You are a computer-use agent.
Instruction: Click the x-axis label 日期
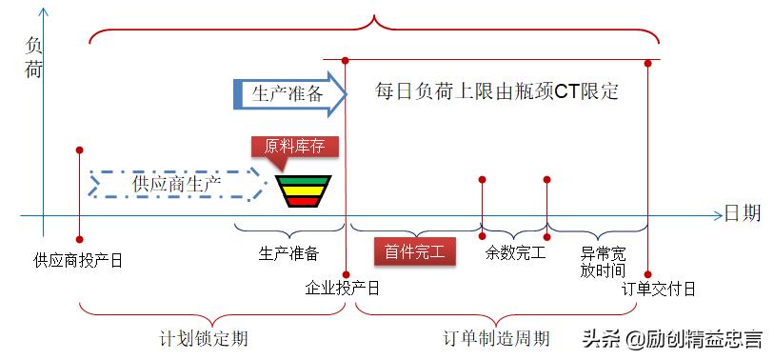742,213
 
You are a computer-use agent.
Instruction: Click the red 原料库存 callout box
294,148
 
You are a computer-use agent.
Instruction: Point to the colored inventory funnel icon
297,190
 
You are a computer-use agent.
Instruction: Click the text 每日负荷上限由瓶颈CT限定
497,92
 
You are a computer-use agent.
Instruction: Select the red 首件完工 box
415,252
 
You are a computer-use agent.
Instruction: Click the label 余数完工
515,252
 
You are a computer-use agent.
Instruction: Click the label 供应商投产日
78,259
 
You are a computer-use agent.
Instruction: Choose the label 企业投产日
343,287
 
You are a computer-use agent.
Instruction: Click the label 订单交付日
659,288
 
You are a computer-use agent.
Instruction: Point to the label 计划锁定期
206,338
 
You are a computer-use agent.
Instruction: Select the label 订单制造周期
497,338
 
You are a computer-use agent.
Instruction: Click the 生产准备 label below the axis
288,253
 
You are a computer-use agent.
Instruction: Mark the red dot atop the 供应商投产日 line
79,150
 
